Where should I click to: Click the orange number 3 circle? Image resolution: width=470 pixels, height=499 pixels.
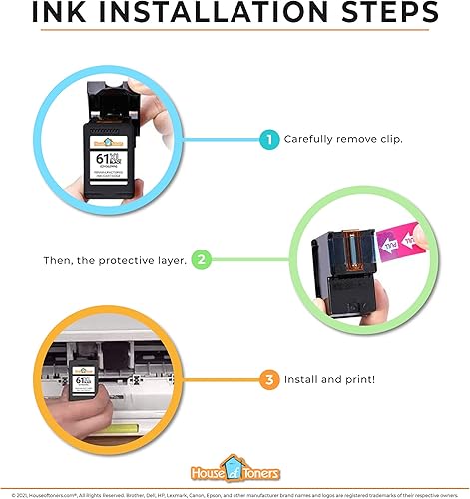pos(268,380)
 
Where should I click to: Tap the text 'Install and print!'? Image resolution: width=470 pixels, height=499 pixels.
pos(330,380)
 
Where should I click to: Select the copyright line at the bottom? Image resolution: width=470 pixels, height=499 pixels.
pos(235,491)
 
